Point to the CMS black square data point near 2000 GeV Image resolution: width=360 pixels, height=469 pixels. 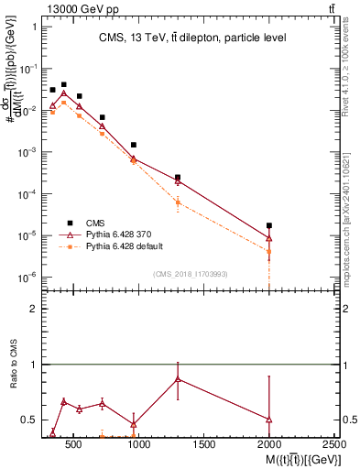coord(269,225)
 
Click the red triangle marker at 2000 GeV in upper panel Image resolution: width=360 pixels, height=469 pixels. coord(269,239)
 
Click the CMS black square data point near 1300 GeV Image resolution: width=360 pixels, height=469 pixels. coord(178,178)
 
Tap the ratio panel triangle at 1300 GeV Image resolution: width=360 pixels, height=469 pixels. coord(178,378)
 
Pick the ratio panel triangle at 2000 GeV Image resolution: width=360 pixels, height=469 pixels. coord(269,420)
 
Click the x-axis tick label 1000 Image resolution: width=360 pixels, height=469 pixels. coord(139,444)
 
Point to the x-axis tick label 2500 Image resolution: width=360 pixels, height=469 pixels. coord(334,444)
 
